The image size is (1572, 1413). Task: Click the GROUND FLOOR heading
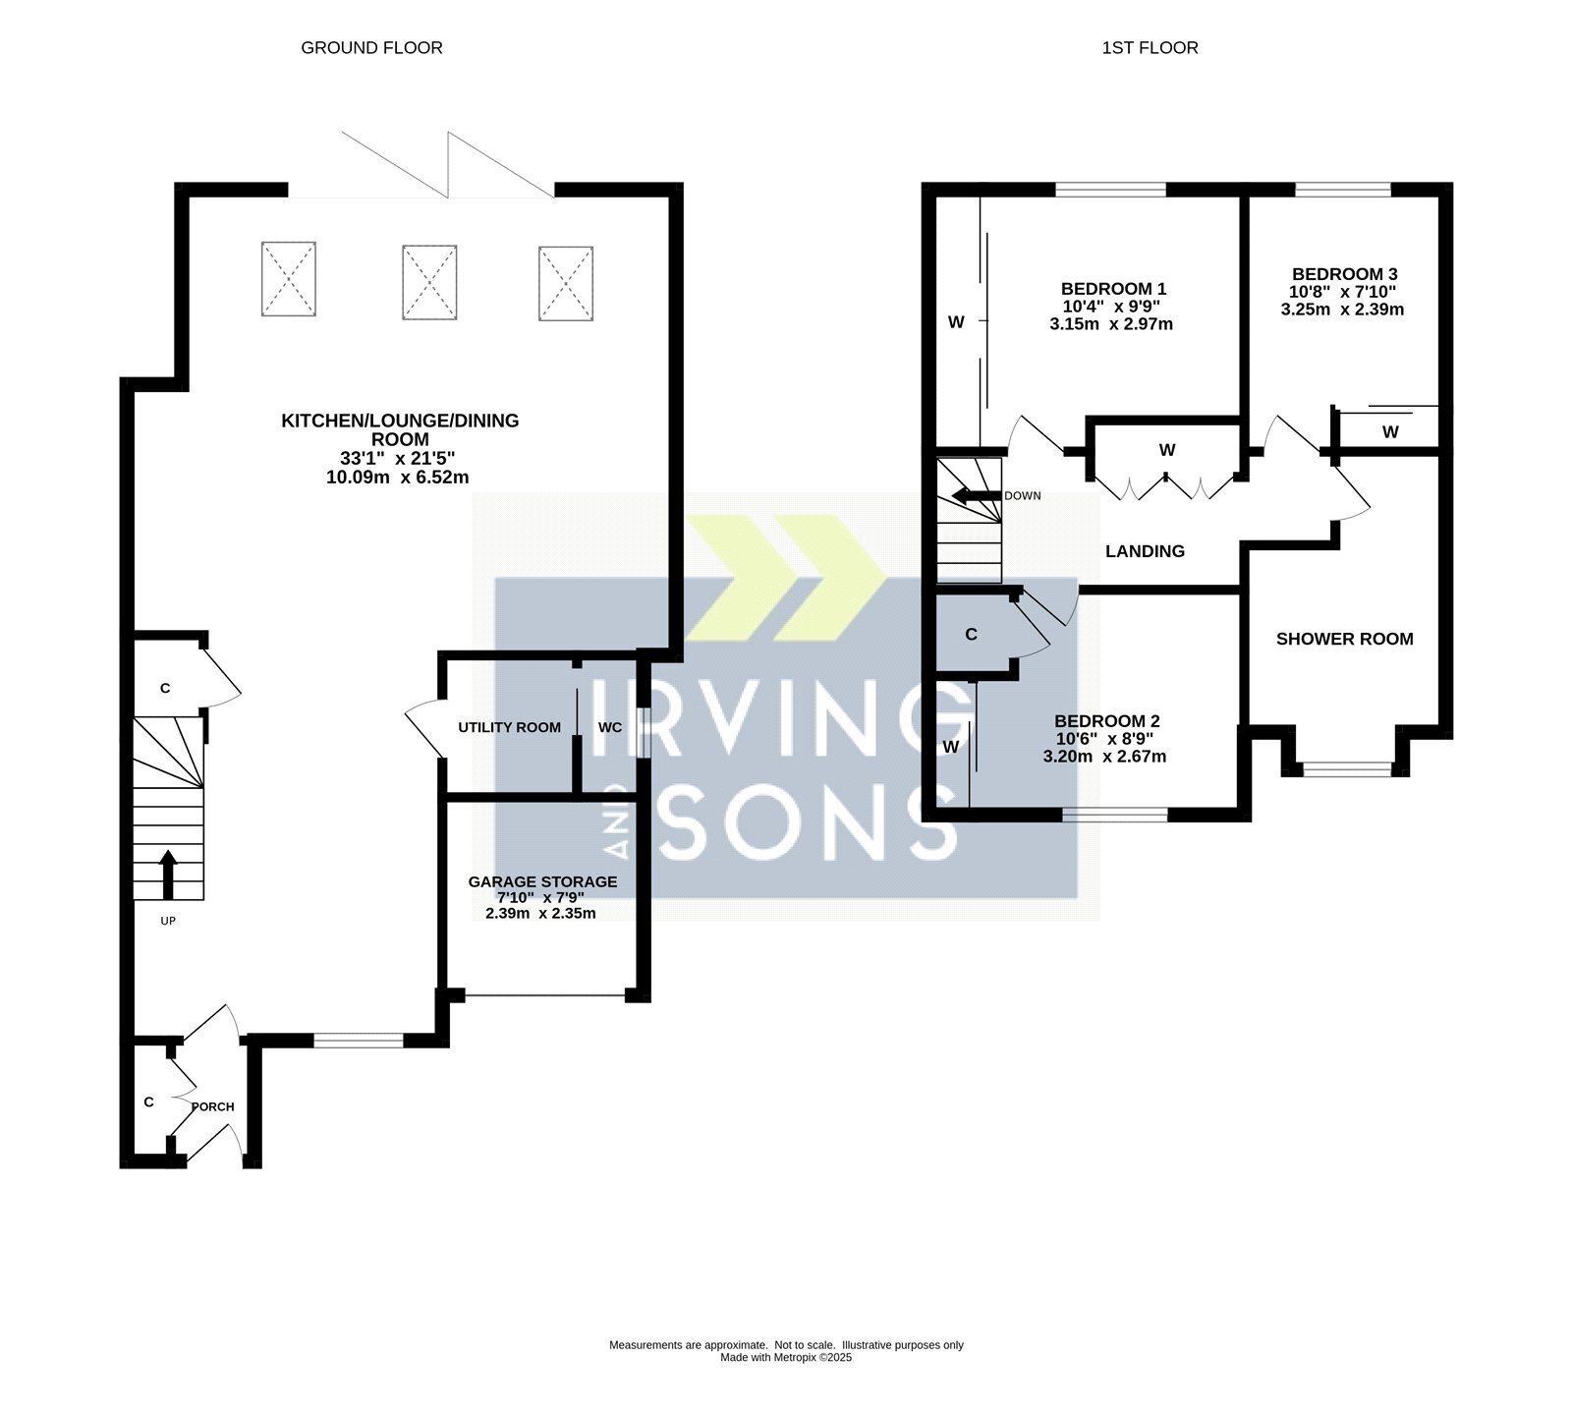(x=371, y=47)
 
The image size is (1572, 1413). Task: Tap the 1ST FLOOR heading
(x=1150, y=47)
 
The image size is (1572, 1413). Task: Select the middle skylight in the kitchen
(x=429, y=283)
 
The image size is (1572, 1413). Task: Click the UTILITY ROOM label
(x=509, y=727)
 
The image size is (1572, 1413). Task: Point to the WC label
(x=610, y=727)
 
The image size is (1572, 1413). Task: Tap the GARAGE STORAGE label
(x=542, y=881)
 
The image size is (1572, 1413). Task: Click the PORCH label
(x=213, y=1106)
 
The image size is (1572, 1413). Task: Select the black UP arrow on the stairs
(x=168, y=876)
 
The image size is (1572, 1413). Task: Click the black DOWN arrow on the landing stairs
(x=977, y=495)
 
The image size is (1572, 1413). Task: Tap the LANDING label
(x=1145, y=551)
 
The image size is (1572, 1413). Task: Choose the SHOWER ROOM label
(x=1344, y=639)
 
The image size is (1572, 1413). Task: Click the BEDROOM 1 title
(x=1113, y=289)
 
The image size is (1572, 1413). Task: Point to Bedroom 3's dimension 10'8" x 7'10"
(x=1344, y=292)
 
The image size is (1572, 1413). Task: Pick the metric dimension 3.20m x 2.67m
(x=1104, y=757)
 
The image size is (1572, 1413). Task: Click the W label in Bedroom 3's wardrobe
(x=1389, y=431)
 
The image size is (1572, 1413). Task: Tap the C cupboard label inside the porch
(x=149, y=1102)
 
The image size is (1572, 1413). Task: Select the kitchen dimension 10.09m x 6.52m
(x=397, y=478)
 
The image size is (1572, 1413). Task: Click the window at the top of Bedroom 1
(x=1111, y=190)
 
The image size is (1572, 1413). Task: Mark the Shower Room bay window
(x=1346, y=768)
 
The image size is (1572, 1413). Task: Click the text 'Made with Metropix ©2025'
(x=786, y=1357)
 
